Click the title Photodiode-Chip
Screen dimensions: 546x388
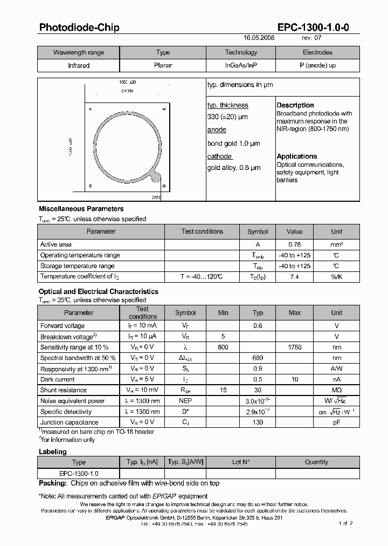pos(79,28)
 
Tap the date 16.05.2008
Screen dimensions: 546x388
pos(259,39)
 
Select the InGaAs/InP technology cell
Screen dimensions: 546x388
pos(241,65)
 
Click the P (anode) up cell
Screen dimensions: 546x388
pos(317,65)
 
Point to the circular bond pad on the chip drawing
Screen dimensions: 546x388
pos(155,176)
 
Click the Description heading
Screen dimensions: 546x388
pos(295,105)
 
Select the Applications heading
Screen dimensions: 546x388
pos(297,156)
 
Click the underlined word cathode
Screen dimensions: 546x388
pos(219,156)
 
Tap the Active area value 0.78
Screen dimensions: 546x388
pos(295,244)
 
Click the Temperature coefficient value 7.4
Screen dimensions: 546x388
pos(295,276)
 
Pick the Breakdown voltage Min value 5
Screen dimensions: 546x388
pos(223,336)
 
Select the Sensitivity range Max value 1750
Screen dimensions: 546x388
pos(295,347)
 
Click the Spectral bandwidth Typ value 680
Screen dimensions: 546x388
pos(259,358)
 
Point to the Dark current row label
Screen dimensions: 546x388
pos(58,379)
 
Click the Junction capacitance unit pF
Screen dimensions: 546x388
pos(336,422)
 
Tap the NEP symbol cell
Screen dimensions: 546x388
pos(185,401)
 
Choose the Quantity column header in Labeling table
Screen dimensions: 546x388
pos(316,462)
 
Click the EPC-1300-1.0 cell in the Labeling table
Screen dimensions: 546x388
pos(79,473)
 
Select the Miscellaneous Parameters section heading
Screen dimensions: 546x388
pos(81,209)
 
